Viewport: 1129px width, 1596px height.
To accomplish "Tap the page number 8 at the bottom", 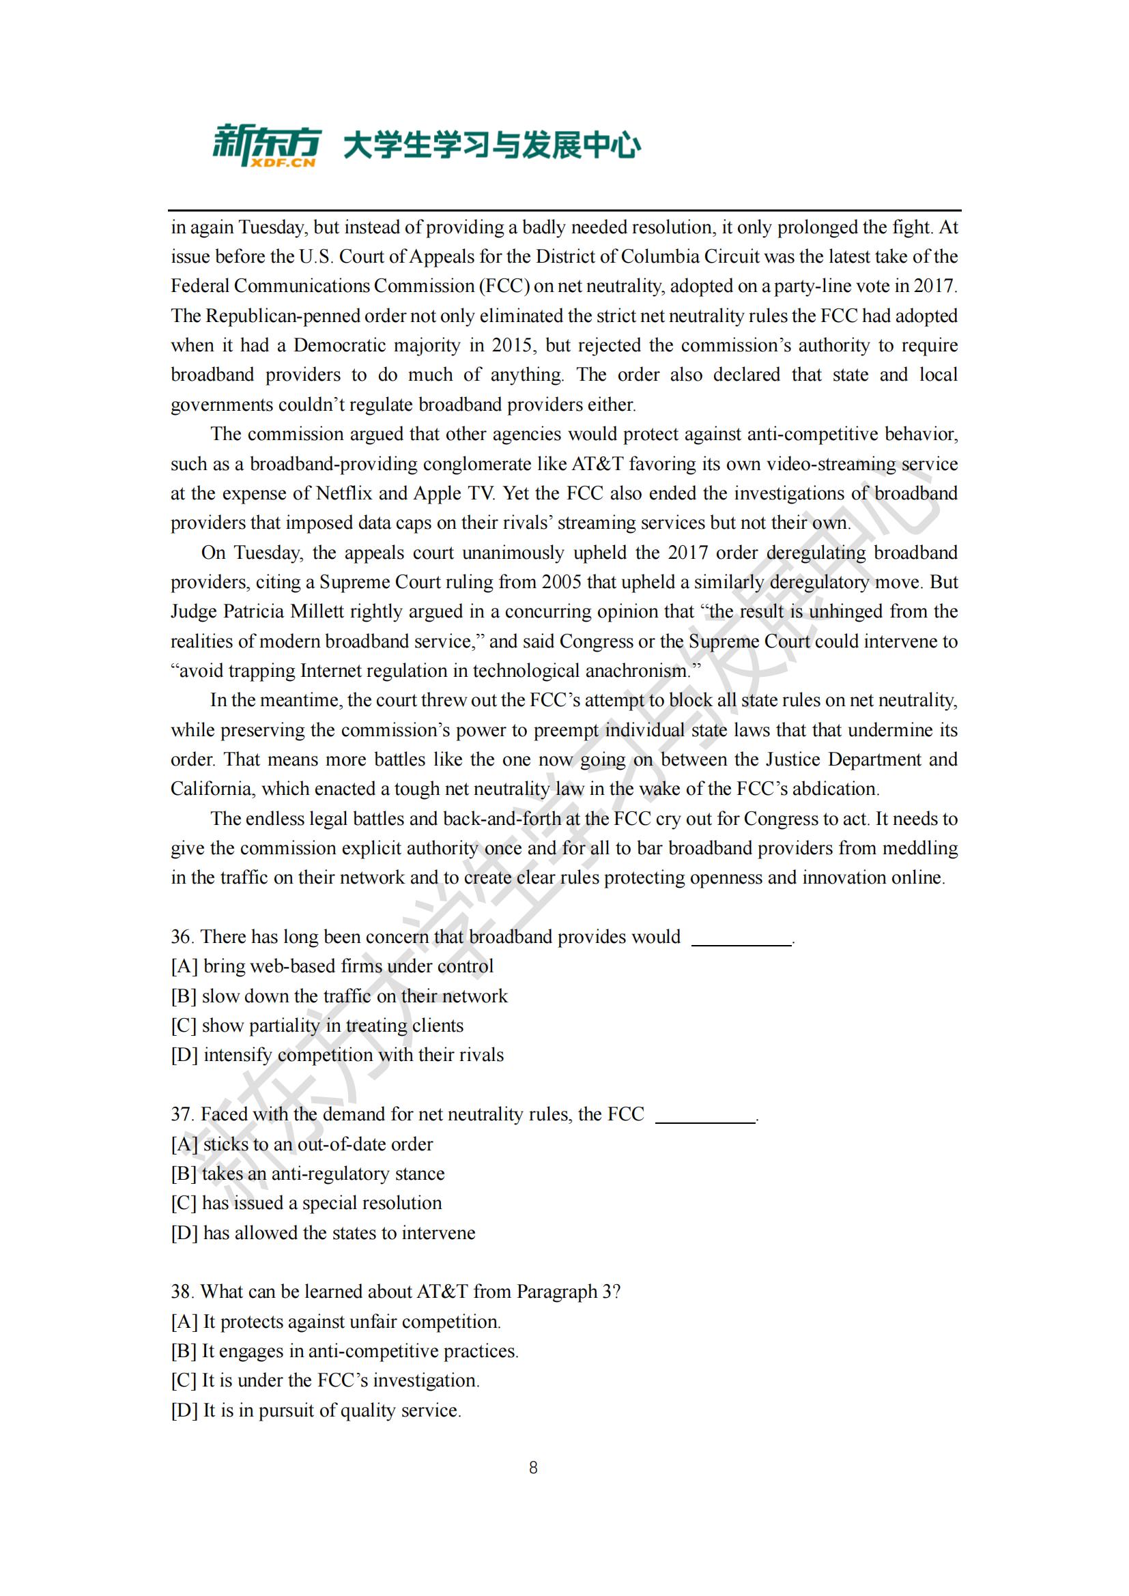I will (533, 1468).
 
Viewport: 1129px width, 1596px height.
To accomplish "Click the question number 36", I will (182, 937).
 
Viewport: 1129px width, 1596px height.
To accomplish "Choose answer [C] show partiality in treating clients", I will (317, 1026).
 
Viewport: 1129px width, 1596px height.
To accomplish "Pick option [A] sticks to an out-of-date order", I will (302, 1144).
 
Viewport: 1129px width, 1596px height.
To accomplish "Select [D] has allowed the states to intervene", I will (324, 1232).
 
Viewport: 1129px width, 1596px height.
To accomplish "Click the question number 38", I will (182, 1292).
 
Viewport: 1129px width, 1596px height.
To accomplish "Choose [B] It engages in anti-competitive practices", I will (345, 1350).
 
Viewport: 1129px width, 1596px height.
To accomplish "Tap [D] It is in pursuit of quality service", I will (316, 1410).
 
